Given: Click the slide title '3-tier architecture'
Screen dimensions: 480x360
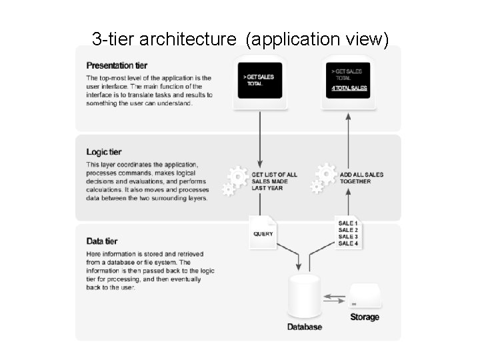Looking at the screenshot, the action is (x=164, y=39).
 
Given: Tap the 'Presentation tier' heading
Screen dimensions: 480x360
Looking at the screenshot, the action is (x=117, y=65).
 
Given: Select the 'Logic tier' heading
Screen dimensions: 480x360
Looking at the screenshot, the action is (x=104, y=152).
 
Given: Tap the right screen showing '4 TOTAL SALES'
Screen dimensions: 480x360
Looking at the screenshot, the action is (x=349, y=81).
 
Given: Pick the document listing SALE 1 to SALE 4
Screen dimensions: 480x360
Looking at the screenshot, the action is (x=349, y=232).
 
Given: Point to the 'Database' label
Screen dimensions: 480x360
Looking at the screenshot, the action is (x=305, y=327).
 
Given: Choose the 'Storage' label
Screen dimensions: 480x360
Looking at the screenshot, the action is (x=365, y=317).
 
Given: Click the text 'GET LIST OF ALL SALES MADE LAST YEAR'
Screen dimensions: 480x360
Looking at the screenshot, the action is (x=274, y=181).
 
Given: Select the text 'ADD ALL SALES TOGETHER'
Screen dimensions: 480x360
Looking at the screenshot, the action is (x=361, y=178).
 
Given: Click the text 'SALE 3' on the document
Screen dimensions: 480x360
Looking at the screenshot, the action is (x=348, y=237).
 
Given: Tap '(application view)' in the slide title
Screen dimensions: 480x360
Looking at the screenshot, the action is (x=317, y=39).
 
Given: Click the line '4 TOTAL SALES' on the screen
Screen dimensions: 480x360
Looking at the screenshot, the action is (x=349, y=88).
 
